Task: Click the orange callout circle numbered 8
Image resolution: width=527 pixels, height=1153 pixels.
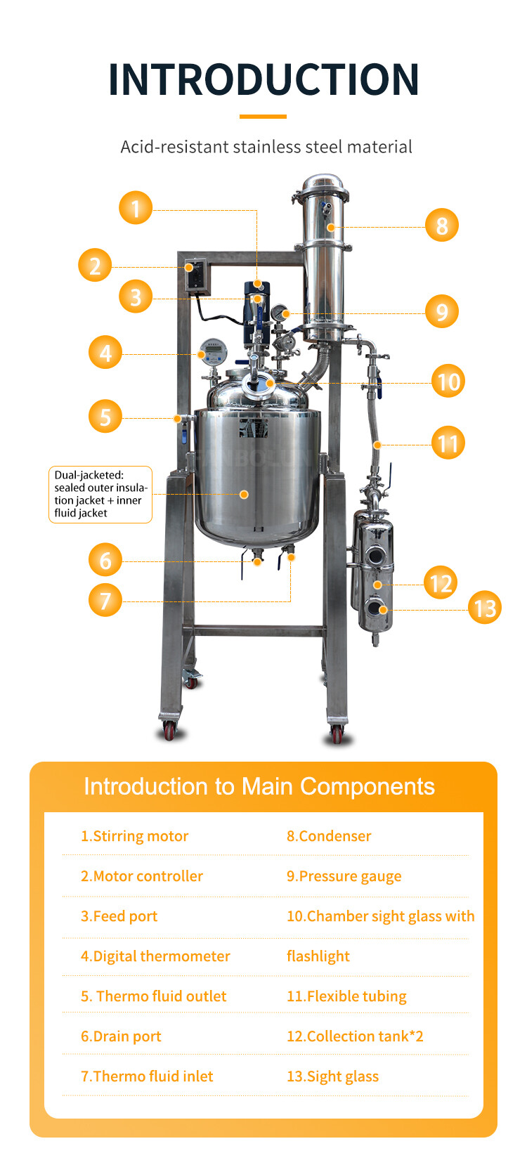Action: tap(442, 226)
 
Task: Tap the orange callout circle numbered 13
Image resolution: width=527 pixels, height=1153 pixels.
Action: tap(485, 608)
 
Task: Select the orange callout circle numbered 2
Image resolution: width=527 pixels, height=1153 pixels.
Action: tap(95, 266)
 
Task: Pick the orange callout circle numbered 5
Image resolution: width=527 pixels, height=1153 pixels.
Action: tap(105, 416)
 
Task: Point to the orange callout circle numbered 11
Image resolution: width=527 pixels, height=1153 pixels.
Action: tap(448, 443)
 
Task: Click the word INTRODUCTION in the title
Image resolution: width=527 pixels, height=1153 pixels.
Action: tap(263, 79)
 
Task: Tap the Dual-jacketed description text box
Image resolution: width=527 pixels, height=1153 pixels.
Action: tap(100, 494)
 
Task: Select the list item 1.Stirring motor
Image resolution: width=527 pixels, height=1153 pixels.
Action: tap(134, 836)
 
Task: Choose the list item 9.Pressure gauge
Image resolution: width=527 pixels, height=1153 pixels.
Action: tap(344, 876)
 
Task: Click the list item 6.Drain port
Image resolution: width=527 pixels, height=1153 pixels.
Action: tap(121, 1036)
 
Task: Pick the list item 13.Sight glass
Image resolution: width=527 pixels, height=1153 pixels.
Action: tap(332, 1076)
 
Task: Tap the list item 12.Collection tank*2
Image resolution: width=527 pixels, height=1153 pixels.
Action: tap(355, 1036)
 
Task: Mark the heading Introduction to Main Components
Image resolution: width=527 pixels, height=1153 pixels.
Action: tap(259, 786)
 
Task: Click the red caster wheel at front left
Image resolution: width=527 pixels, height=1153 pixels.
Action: tap(169, 731)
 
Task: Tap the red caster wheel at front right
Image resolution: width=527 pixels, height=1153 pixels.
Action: tap(337, 734)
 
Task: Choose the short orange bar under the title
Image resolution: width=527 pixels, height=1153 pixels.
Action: tap(263, 117)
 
